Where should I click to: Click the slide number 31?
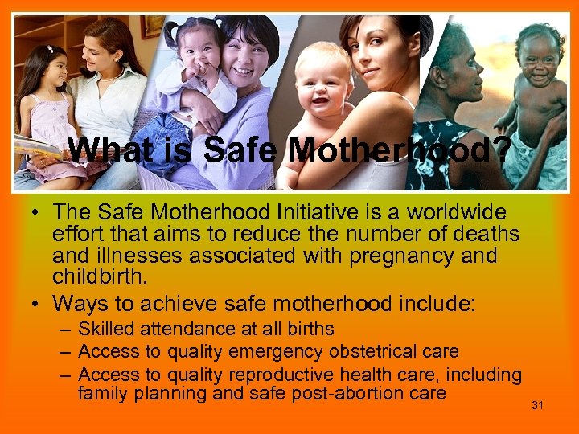tap(537, 405)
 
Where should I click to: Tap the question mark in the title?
tap(498, 149)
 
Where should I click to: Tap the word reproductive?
tap(282, 374)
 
